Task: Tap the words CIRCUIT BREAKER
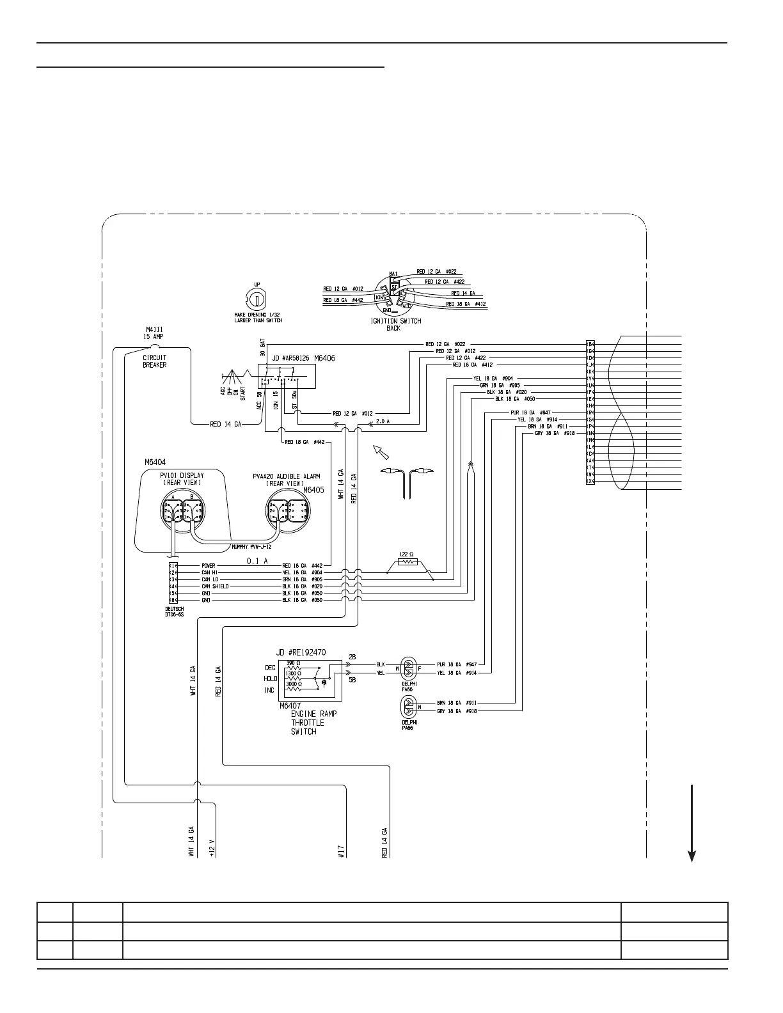point(154,361)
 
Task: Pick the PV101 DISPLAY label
point(182,479)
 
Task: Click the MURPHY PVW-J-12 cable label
point(253,547)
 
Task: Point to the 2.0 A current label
point(383,421)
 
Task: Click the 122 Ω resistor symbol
point(407,562)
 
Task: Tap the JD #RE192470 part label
point(301,652)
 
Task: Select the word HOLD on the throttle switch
point(270,679)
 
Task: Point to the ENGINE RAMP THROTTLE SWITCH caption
point(313,723)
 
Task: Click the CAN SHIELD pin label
point(215,586)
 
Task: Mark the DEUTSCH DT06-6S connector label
point(175,611)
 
